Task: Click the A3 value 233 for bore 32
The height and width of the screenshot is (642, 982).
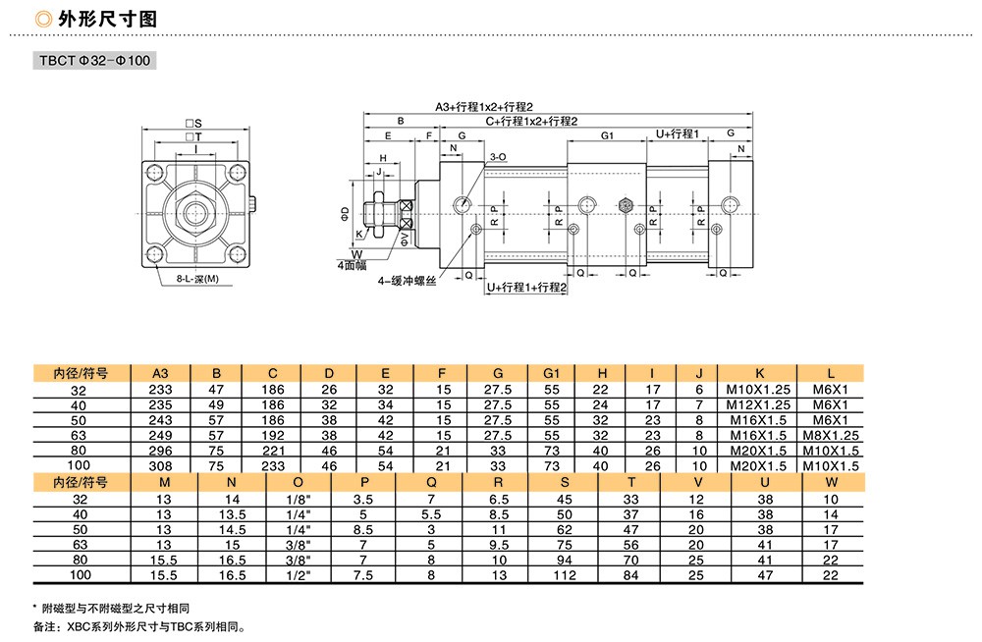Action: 160,390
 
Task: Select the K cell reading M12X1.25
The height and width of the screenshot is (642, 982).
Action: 758,405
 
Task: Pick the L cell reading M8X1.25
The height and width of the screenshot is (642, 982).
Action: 831,435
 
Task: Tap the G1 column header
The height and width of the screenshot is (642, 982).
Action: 551,373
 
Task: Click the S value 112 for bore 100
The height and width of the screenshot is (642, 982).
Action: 565,575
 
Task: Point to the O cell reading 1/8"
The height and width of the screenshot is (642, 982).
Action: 299,500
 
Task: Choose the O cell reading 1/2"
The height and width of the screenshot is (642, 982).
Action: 299,575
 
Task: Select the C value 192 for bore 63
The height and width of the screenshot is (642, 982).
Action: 272,435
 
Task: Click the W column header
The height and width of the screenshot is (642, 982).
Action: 831,482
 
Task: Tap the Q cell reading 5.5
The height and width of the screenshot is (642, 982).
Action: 431,514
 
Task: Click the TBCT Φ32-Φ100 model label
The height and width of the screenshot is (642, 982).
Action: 94,61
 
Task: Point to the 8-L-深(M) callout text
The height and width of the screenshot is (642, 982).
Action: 197,279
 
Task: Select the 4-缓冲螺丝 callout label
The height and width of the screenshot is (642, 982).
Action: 407,281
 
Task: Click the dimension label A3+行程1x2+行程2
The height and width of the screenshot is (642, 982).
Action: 484,107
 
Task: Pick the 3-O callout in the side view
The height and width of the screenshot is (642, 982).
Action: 498,157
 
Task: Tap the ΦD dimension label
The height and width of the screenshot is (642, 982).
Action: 345,214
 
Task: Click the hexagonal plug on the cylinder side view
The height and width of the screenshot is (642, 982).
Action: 625,205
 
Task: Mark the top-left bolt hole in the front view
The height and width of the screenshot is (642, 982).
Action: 155,172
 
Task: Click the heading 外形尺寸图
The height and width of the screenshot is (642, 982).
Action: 107,20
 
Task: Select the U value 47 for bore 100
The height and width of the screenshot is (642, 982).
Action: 765,575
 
